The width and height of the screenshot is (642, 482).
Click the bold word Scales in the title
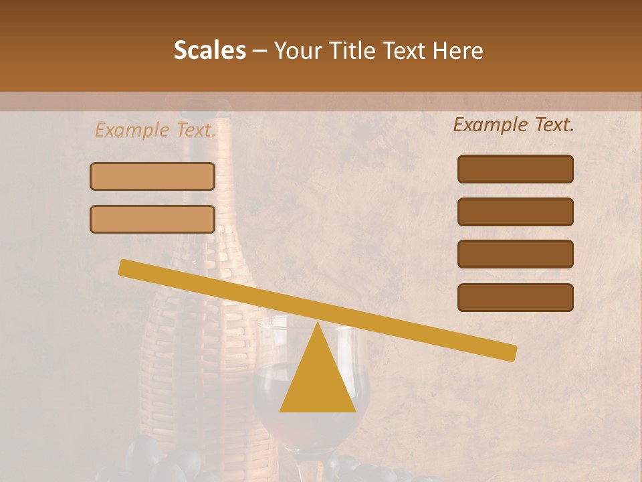209,51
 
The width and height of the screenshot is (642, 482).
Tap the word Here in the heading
458,51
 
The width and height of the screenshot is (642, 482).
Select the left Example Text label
155,130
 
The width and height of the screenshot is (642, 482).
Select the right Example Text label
514,125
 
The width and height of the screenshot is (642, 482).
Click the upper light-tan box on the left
152,176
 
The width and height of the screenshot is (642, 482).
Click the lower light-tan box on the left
152,219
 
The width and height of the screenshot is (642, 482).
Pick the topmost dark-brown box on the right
515,169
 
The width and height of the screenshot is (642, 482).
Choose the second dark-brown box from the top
515,212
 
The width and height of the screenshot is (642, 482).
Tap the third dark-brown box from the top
515,254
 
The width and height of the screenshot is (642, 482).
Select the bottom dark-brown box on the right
515,297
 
